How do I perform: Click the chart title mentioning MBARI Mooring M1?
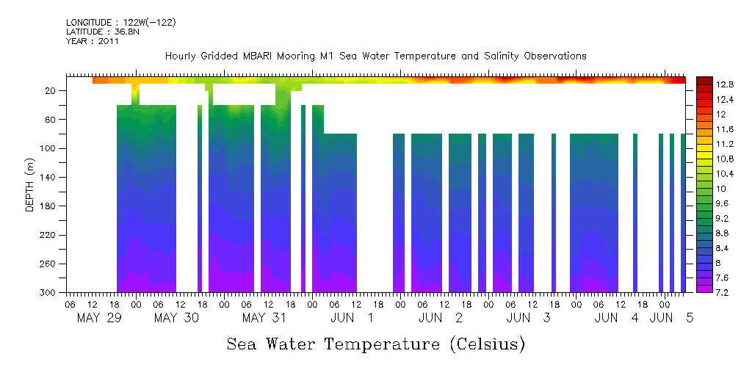[x=375, y=57]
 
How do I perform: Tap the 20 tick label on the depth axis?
[x=51, y=90]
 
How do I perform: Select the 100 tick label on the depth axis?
[x=49, y=148]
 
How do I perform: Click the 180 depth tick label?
[x=49, y=206]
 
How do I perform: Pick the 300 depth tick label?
[x=49, y=293]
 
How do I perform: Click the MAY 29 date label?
[x=98, y=318]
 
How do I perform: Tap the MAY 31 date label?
[x=264, y=318]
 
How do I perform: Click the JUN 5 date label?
[x=672, y=318]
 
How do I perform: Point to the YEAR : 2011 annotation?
[x=92, y=42]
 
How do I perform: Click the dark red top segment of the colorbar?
[x=704, y=80]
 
